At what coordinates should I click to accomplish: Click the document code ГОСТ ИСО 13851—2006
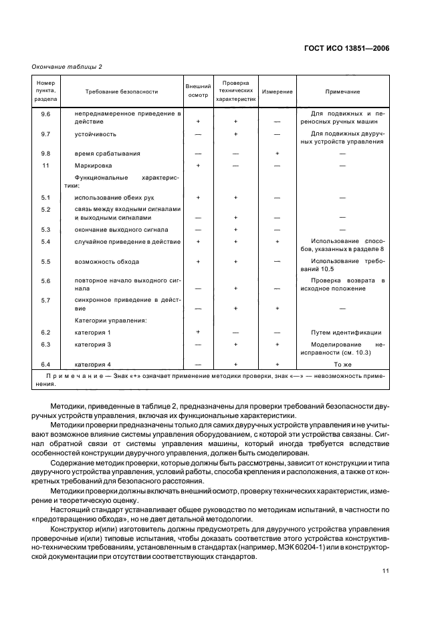tap(348, 48)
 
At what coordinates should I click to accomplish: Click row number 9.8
tap(46, 154)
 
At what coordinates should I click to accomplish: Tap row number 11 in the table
tap(46, 165)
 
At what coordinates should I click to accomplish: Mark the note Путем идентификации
tap(342, 332)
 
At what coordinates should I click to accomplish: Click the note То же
tap(342, 365)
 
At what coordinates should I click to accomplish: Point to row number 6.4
tap(46, 365)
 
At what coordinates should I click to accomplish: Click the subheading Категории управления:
tap(110, 321)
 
